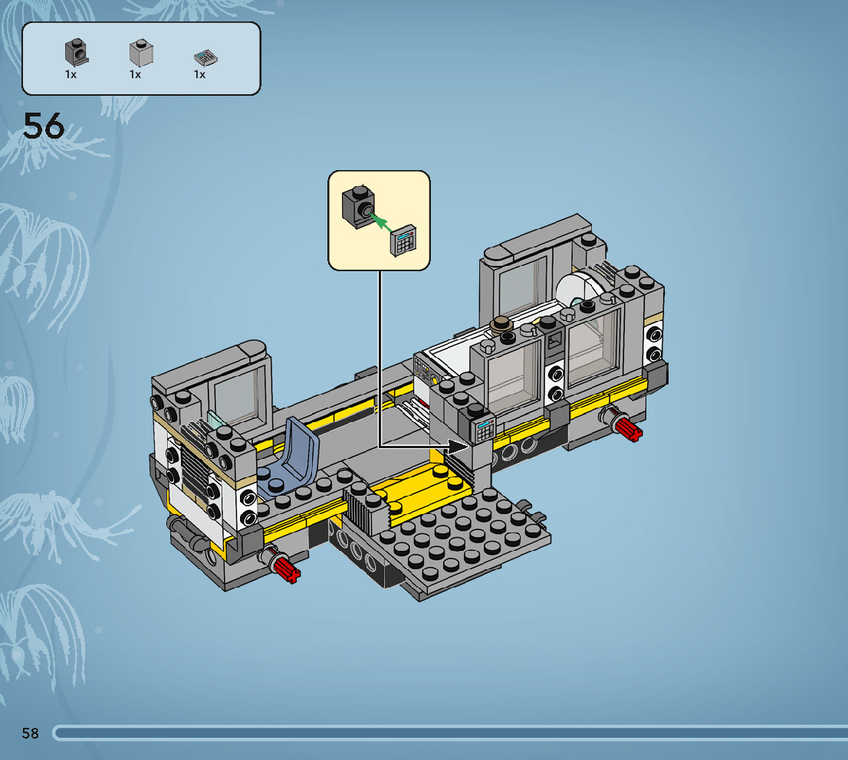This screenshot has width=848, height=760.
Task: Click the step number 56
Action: (x=43, y=126)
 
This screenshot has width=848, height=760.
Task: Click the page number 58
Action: (x=31, y=733)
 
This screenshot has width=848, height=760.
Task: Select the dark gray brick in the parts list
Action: (x=76, y=52)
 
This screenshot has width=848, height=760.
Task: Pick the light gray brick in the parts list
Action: (x=141, y=53)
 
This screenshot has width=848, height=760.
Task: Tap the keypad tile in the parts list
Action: (x=205, y=57)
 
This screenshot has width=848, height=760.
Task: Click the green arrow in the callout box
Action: (x=381, y=222)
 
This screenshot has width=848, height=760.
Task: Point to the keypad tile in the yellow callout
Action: (x=403, y=241)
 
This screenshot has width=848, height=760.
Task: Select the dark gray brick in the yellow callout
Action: (x=358, y=207)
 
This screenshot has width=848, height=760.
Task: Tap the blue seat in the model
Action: (x=290, y=457)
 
